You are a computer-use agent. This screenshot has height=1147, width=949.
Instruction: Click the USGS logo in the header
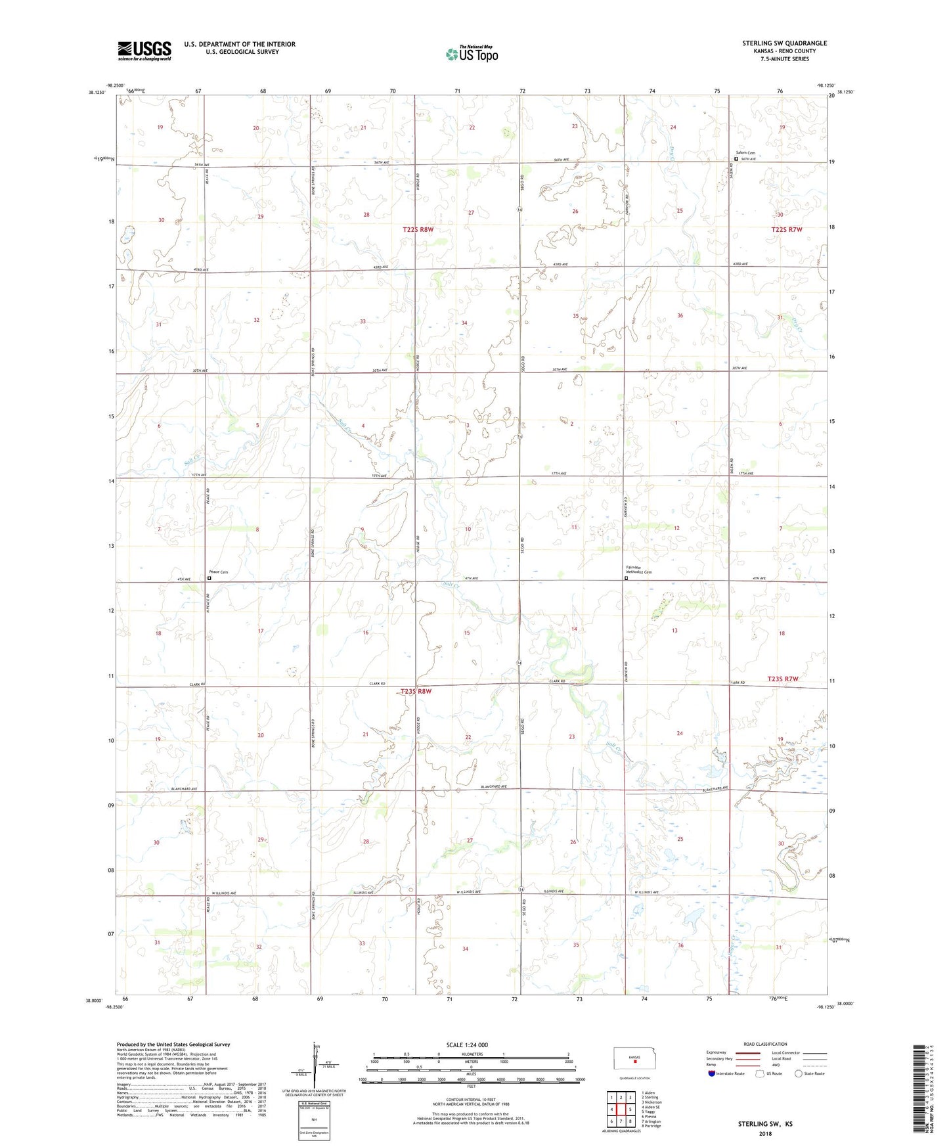144,51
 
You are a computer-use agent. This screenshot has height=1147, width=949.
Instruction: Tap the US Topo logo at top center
472,54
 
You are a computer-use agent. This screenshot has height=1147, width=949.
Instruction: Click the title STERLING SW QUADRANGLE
784,43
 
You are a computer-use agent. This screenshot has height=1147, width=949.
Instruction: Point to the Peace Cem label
219,572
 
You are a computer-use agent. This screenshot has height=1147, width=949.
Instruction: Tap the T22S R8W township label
418,229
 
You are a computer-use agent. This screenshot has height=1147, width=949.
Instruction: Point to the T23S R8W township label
416,691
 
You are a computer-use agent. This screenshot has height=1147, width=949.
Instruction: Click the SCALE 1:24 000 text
467,1045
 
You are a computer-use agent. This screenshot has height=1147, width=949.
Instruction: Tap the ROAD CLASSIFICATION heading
765,1044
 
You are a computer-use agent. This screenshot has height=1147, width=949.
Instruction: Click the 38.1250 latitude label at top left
96,93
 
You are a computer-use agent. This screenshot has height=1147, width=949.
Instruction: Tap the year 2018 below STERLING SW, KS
765,1133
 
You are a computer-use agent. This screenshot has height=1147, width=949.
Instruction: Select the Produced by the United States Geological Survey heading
173,1044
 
